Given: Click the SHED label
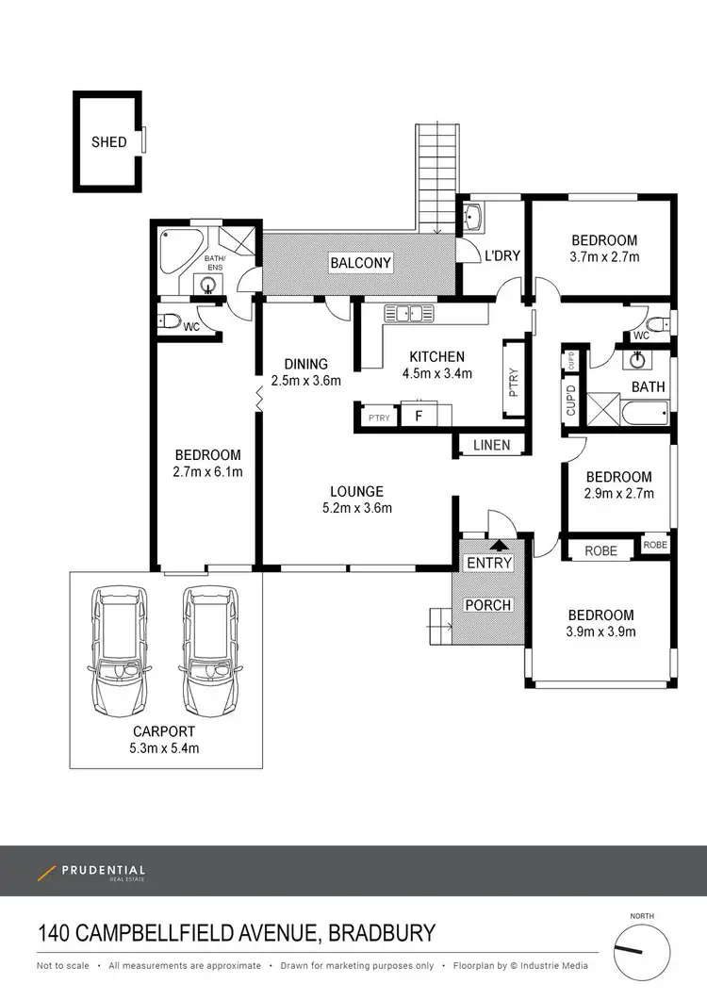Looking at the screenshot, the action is (109, 142).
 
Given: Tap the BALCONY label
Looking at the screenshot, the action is (360, 263).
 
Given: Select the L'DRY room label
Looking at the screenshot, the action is (502, 255).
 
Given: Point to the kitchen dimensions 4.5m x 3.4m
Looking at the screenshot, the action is (437, 374).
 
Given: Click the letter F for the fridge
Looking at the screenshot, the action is (419, 417).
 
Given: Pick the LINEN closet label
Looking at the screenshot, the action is (491, 445).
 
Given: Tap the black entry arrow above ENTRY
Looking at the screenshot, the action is (499, 545).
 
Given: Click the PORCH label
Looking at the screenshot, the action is (488, 604).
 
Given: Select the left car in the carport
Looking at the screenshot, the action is (120, 650).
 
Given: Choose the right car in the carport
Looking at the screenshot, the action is (210, 650).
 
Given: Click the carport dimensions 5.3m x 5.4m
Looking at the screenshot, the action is (164, 748).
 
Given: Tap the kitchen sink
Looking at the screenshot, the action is (409, 314).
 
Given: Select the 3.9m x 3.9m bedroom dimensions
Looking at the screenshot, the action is (600, 632).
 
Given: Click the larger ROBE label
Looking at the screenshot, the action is (600, 551).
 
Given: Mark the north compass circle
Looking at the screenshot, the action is (642, 952).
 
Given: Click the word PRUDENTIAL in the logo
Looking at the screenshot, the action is (104, 870).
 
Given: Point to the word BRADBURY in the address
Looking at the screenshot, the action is (382, 933).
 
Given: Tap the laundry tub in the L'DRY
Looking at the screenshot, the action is (472, 218).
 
